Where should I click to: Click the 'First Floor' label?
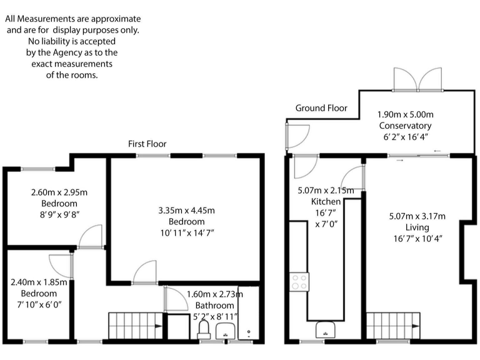point(147,144)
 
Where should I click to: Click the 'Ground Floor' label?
point(321,108)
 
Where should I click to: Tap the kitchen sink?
point(326,329)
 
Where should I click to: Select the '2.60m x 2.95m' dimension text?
point(54,192)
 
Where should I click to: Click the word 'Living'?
point(417,227)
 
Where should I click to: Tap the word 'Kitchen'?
point(326,202)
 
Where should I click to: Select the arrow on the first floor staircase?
point(156,326)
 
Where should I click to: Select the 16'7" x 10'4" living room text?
point(417,238)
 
